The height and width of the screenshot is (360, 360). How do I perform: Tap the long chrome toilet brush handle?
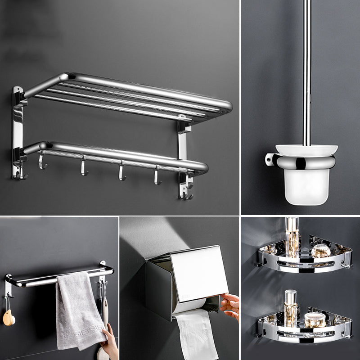(x=307, y=67)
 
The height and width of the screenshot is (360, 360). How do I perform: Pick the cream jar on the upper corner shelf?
(x=321, y=251)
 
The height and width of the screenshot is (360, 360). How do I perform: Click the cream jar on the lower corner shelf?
(x=315, y=319)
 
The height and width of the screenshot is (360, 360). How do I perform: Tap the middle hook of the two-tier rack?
(x=122, y=172)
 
